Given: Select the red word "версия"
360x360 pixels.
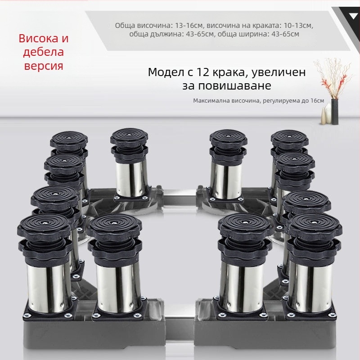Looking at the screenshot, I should coord(44,66).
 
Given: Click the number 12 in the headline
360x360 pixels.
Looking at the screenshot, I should coord(202,72).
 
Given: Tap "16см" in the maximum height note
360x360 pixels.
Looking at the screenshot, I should coord(317,101).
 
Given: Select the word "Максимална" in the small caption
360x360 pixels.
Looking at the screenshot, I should coord(211,101).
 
